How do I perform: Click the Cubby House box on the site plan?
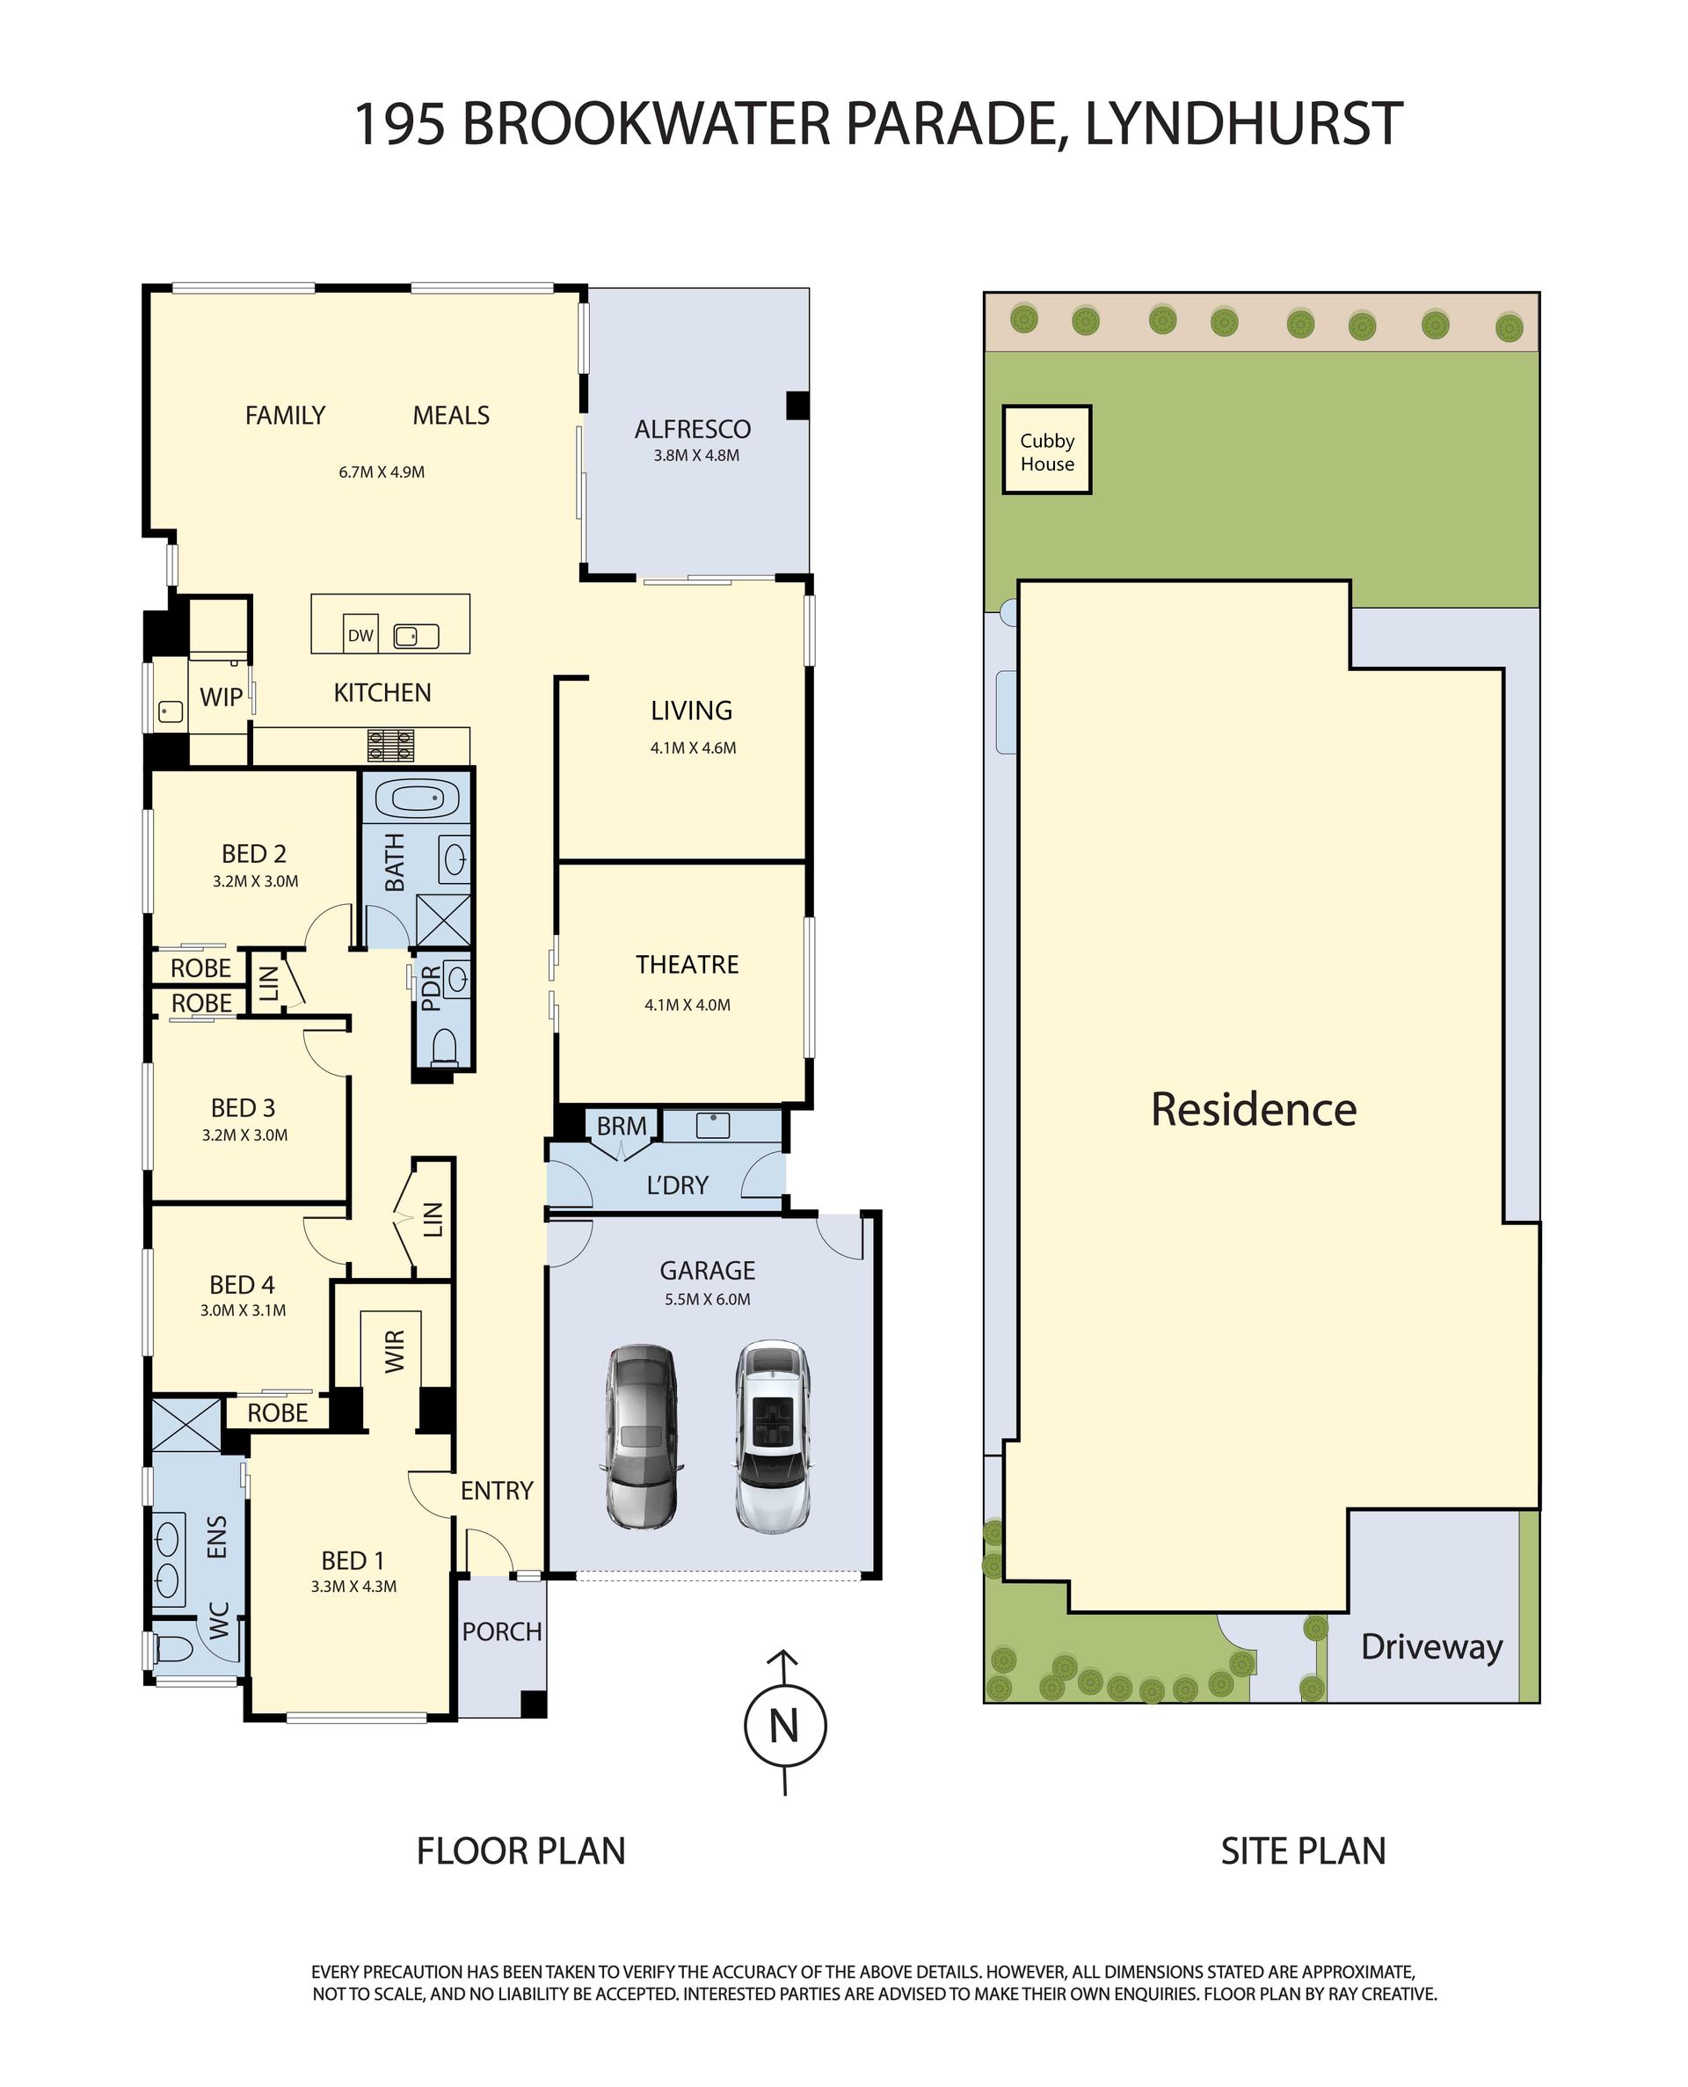pyautogui.click(x=1046, y=449)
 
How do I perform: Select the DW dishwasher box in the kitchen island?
pyautogui.click(x=360, y=635)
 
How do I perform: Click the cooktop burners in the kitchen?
pyautogui.click(x=391, y=745)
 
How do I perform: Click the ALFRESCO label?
pyautogui.click(x=692, y=429)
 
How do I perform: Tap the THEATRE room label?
pyautogui.click(x=688, y=964)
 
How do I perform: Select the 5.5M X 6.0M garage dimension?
pyautogui.click(x=708, y=1298)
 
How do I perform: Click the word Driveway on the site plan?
pyautogui.click(x=1431, y=1646)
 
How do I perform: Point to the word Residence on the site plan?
pyautogui.click(x=1254, y=1109)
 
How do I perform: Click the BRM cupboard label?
pyautogui.click(x=622, y=1125)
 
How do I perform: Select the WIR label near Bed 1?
pyautogui.click(x=394, y=1352)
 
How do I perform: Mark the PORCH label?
pyautogui.click(x=502, y=1631)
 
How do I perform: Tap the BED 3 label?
pyautogui.click(x=243, y=1107)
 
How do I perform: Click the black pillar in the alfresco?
pyautogui.click(x=797, y=405)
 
